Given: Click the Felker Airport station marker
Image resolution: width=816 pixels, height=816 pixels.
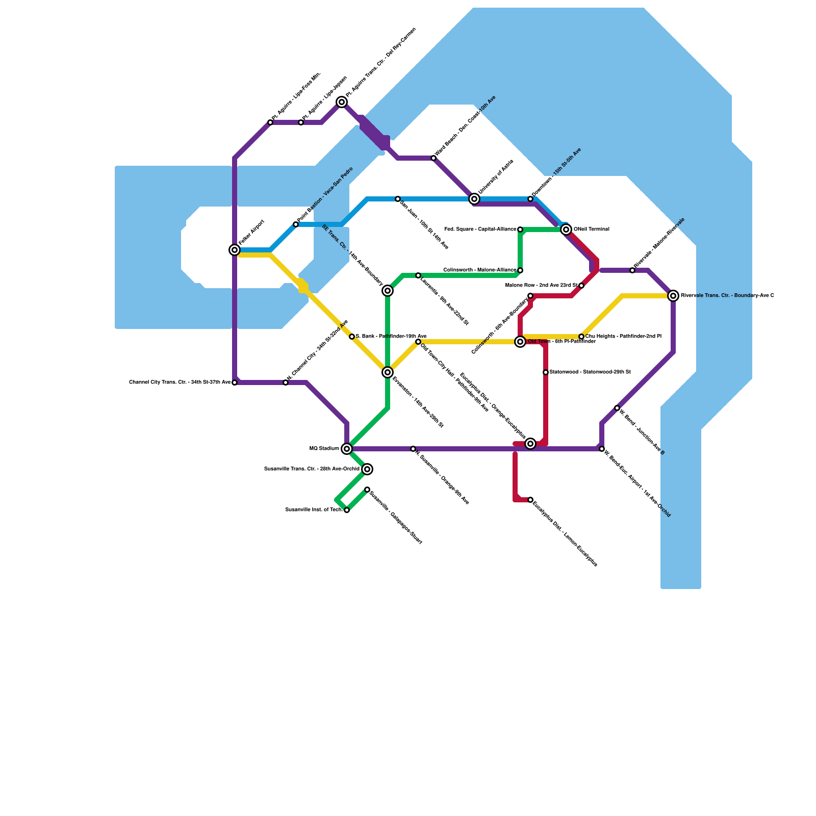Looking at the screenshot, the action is coord(235,250).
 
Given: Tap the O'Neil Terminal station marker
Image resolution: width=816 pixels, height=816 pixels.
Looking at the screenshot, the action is coord(566,229).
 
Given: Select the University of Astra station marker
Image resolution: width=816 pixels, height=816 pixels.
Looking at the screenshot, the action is coord(474,199).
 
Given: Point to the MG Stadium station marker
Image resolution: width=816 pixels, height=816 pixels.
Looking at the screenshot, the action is coord(347,449).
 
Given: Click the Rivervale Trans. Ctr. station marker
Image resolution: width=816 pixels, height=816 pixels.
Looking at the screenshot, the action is coord(673,296).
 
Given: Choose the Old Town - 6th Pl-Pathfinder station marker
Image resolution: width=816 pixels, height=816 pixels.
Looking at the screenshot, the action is coord(520,342).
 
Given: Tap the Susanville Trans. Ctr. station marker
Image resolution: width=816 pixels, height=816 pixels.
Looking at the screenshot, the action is coord(367,469).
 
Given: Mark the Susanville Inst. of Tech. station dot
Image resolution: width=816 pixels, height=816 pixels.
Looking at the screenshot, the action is coord(347,510).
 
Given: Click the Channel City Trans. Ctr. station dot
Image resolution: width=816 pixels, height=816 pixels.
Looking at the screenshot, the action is coord(235,382).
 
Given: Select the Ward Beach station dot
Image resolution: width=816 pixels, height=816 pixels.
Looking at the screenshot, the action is coord(433,158).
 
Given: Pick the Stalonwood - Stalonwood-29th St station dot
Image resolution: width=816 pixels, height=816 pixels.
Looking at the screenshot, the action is coord(546,372).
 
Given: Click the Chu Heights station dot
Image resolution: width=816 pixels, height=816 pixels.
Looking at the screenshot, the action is coord(581,337).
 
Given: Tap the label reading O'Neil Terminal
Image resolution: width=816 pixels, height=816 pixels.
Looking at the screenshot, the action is coord(592,229).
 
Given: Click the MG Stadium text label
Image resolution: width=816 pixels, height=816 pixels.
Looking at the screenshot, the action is coord(324,449).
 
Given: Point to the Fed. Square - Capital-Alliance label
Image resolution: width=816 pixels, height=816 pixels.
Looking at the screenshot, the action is coord(480,229).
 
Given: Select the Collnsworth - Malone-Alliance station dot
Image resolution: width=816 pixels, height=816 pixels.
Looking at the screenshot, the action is coord(520,270).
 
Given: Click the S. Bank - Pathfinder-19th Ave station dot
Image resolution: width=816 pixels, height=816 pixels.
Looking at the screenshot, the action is coord(352,337).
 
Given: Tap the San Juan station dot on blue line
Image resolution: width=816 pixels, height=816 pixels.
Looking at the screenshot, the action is coord(398,199).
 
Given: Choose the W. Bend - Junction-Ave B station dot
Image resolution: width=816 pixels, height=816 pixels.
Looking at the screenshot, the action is coord(617,408).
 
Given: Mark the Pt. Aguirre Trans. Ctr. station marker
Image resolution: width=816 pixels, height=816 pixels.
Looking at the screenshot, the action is coord(342,103).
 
